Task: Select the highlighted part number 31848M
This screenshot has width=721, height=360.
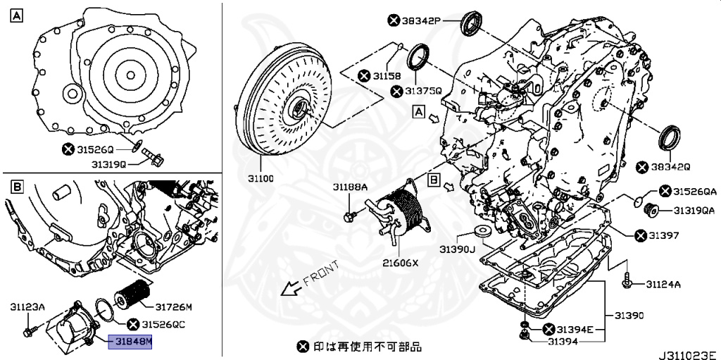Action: pyautogui.click(x=130, y=343)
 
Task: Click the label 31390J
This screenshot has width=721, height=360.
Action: pyautogui.click(x=458, y=249)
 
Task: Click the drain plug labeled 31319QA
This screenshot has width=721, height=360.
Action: pyautogui.click(x=651, y=209)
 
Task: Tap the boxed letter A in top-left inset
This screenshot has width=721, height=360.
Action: pyautogui.click(x=15, y=15)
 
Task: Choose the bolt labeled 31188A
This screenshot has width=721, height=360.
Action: pyautogui.click(x=349, y=215)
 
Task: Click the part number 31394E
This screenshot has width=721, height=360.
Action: pyautogui.click(x=575, y=329)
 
